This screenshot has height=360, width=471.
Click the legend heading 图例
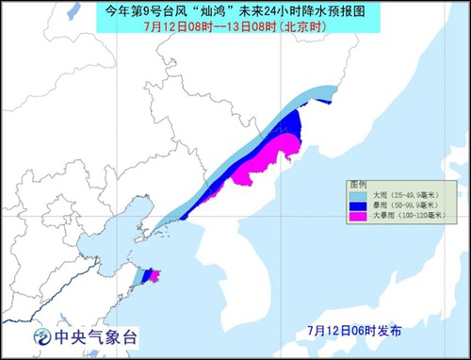point(360,185)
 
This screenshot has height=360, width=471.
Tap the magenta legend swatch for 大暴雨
point(357,216)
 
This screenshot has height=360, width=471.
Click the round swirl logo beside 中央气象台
point(42,336)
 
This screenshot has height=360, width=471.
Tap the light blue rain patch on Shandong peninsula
point(140,277)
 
